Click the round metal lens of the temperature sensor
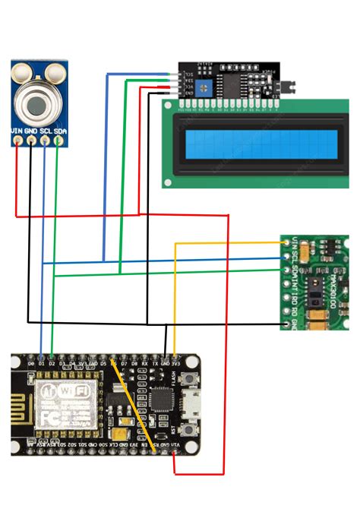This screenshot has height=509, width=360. click(x=37, y=104)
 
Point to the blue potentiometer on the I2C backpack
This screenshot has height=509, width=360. click(x=204, y=88)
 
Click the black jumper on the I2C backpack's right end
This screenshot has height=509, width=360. click(x=287, y=87)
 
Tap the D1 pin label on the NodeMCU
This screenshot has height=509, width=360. click(x=41, y=364)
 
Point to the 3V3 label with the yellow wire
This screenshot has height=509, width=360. click(x=175, y=364)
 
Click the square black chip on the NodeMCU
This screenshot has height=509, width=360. click(x=161, y=400)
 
